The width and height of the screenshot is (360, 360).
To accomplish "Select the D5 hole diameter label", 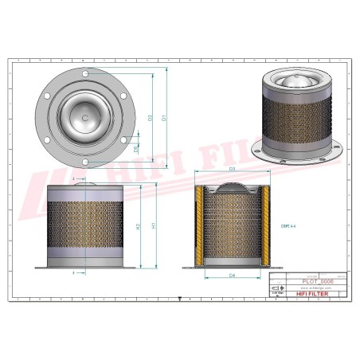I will coord(137,148).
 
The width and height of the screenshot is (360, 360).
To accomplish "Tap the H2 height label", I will coord(139,226).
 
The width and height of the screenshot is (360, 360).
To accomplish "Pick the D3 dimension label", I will coord(232,170).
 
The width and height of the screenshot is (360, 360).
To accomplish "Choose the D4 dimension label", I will coord(232,276).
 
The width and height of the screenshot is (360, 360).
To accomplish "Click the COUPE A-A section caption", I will coord(289,225).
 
